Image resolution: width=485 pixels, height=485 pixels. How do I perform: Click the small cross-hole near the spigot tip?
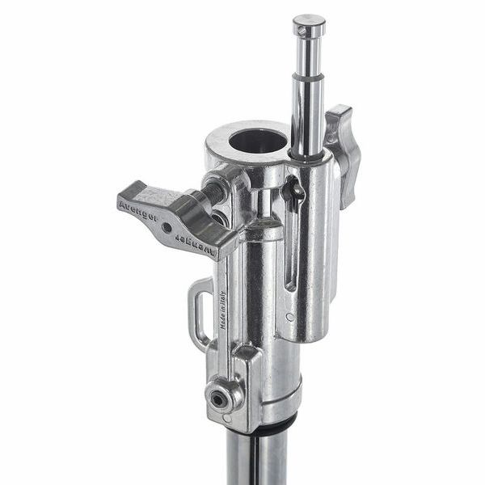coord(302,31)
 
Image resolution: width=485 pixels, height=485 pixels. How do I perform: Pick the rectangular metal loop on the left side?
coord(199,311)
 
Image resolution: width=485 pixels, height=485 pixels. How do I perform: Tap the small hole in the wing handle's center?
coord(167,227)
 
